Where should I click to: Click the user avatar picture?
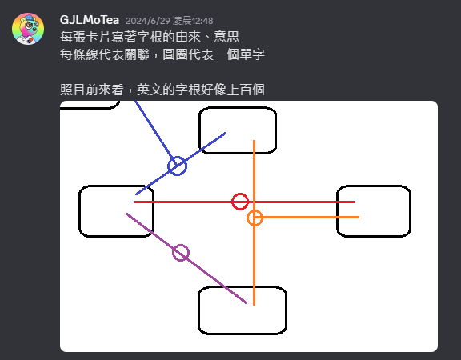pos(28,29)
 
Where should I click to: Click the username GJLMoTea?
pos(90,20)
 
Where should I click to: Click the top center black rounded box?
pos(238,107)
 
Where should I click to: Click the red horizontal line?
pos(244,202)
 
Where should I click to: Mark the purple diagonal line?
pos(186,258)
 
